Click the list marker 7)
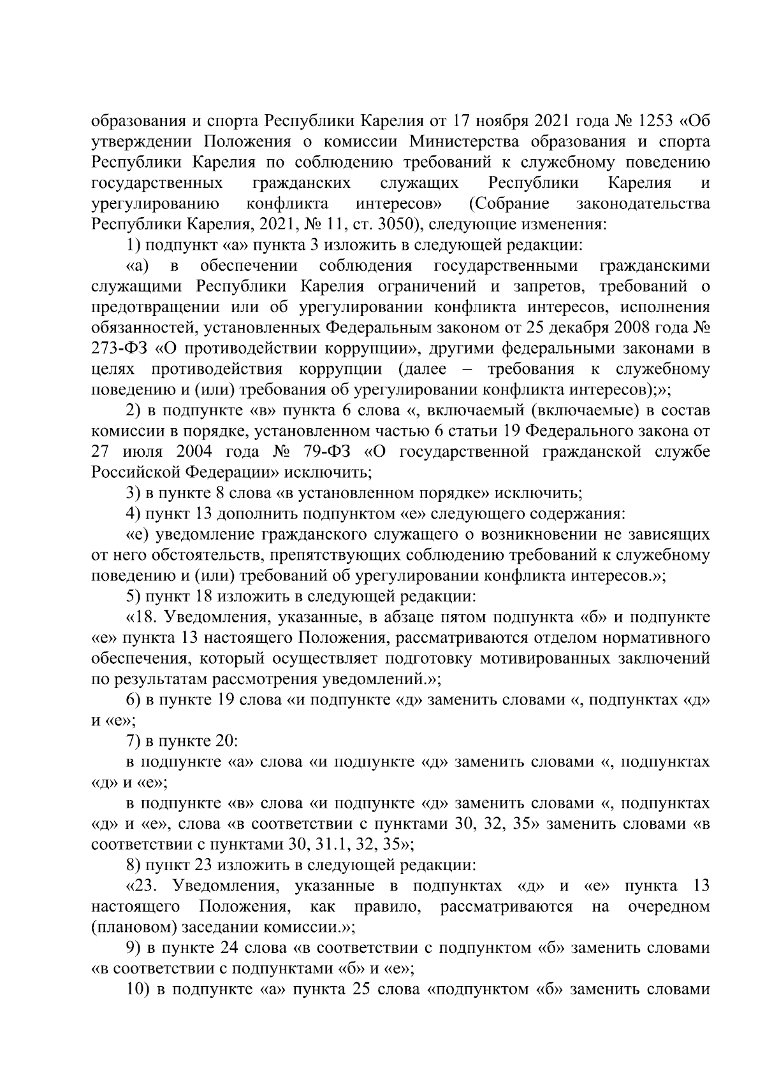[x=133, y=741]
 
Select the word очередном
[x=669, y=906]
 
